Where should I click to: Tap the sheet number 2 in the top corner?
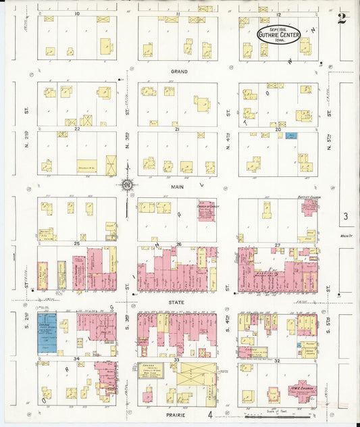coord(342,19)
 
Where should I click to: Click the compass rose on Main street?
coord(127,184)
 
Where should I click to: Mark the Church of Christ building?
coord(205,212)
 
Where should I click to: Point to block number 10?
coord(76,14)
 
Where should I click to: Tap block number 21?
coord(177,128)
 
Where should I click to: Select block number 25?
coord(77,243)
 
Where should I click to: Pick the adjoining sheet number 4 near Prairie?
coord(210,414)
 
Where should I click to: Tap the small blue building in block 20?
coord(291,136)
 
